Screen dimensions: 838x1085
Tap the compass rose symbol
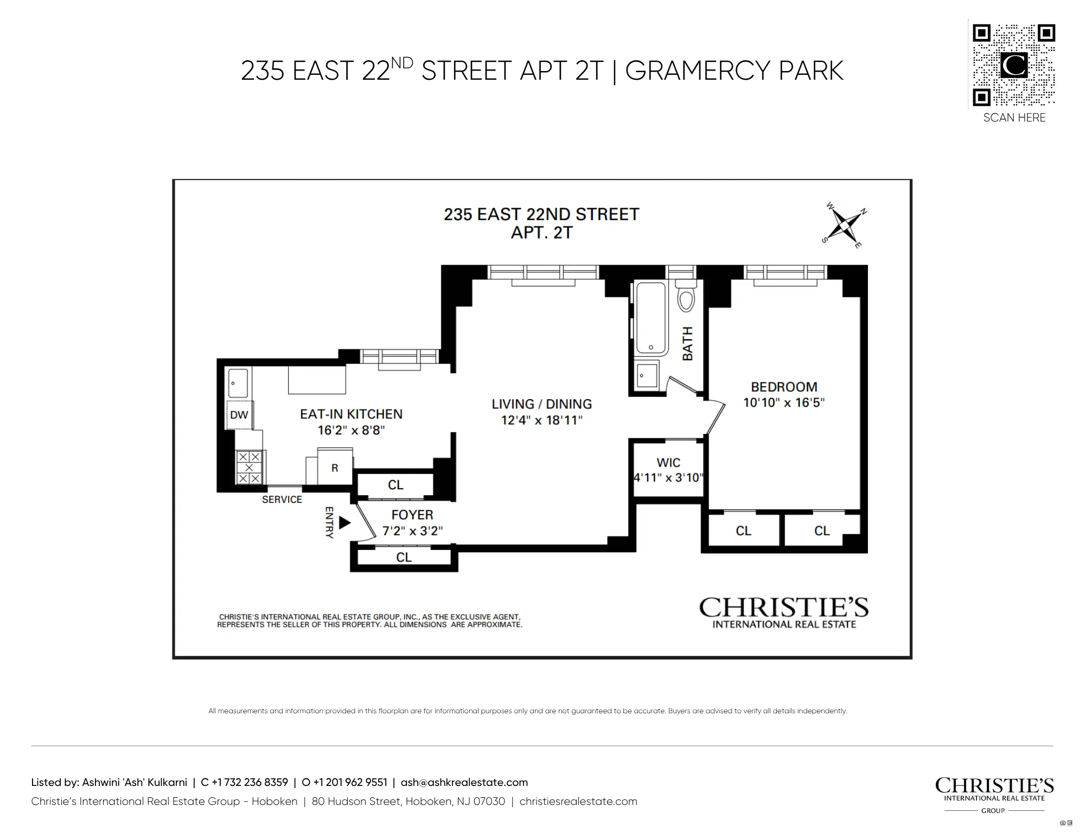click(x=844, y=224)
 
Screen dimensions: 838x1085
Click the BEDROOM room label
click(x=784, y=387)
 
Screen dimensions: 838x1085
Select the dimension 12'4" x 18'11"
click(x=541, y=420)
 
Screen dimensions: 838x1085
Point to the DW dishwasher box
click(x=239, y=415)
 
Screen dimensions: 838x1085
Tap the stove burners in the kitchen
click(x=249, y=467)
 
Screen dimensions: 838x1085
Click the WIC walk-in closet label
click(x=668, y=463)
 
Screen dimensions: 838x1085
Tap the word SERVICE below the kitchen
click(x=282, y=500)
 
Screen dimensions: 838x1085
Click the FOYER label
click(x=412, y=515)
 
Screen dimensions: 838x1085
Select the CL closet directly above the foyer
click(x=395, y=485)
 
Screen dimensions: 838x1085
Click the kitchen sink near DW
click(x=238, y=383)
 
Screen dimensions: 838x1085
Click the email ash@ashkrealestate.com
click(x=464, y=782)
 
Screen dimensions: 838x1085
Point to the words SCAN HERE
click(x=1014, y=118)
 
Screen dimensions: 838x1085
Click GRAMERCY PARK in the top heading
click(x=734, y=71)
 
